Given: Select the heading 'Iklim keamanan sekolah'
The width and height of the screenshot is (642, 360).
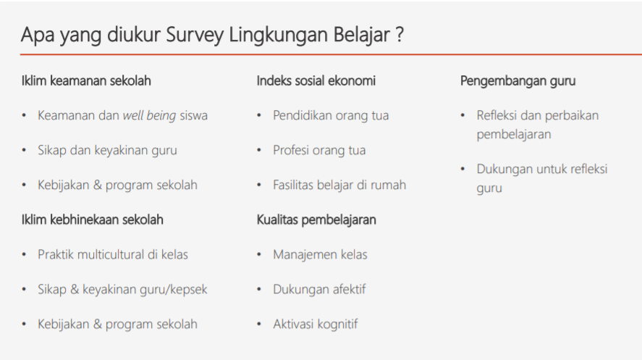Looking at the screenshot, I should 86,80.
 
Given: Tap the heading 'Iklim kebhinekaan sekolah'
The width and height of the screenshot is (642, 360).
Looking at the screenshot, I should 92,219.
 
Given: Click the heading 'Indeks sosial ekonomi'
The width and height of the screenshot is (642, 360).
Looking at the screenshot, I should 316,80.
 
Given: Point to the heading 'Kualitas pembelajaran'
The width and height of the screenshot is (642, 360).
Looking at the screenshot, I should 316,219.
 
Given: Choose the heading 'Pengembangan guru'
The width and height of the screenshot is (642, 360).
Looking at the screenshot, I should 518,80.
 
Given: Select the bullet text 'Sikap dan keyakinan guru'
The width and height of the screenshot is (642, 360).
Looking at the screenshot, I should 107,150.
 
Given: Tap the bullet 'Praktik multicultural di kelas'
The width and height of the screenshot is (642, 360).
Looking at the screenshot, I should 113,254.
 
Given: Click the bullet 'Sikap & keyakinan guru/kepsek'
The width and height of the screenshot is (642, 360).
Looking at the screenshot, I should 122,289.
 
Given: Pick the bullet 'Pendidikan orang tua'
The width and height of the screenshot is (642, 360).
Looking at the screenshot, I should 330,115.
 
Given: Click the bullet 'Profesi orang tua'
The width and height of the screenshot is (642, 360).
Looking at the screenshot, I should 319,150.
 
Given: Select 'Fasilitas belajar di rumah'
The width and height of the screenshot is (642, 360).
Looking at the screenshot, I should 339,185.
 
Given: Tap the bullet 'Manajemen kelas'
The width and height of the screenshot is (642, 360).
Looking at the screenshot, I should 320,254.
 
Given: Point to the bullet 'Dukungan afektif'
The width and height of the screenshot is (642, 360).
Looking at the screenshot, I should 319,289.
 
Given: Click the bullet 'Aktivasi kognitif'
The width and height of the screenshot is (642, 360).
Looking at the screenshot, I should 315,324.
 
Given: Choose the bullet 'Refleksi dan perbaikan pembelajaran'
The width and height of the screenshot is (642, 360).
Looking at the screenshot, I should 537,125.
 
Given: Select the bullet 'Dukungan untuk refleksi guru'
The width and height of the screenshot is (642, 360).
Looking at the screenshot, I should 541,178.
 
